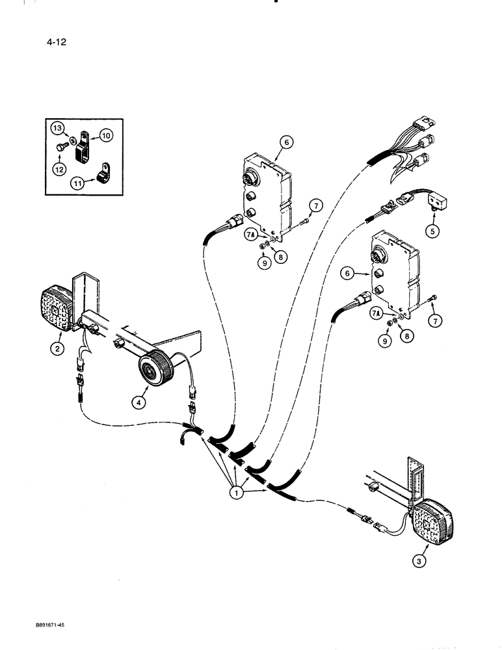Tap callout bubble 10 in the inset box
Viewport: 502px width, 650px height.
(x=105, y=135)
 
